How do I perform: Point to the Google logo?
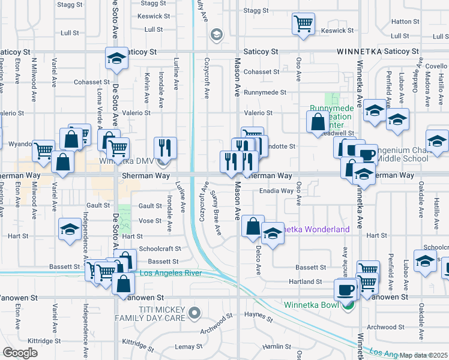coord(20,353)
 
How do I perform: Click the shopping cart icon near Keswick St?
coord(303,24)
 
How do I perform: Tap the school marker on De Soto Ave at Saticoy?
coord(117,58)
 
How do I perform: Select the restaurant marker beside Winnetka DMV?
coord(164,148)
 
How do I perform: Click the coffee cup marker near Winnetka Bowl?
coord(345,290)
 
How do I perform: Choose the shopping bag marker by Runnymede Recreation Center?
coord(318,123)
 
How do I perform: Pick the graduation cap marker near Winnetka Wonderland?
coord(273,234)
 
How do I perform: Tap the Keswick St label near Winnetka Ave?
coord(337,31)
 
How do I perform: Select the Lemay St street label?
coord(188,347)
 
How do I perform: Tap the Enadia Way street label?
coord(276,191)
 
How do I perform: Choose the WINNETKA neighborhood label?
coord(359,52)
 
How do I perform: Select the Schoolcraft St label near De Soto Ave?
coord(160,248)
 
